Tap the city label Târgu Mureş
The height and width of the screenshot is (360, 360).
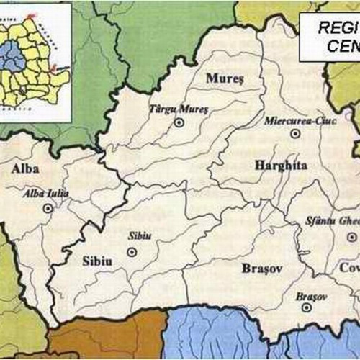[x=178, y=109]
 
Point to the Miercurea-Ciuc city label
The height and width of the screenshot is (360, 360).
[x=294, y=121]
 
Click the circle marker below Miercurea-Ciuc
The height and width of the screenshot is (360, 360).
[x=294, y=134]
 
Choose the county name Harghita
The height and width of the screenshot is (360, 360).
[x=281, y=166]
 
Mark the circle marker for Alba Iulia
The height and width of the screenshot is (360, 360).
[x=48, y=208]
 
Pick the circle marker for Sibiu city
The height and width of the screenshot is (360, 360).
[x=132, y=252]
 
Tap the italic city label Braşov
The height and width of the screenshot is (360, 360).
[x=311, y=296]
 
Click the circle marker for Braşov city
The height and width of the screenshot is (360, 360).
[x=307, y=307]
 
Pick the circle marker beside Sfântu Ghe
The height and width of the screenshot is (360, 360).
[x=351, y=237]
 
